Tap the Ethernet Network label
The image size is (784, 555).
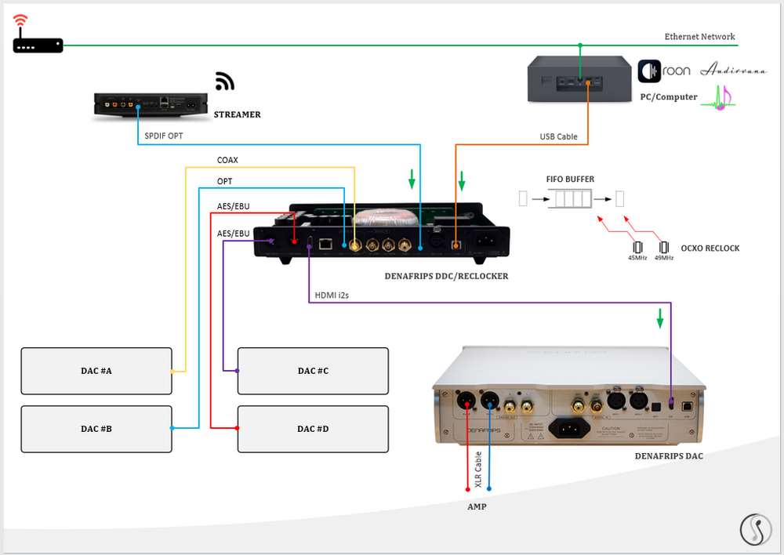[699, 37]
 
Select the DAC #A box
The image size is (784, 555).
[96, 371]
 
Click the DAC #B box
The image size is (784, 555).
[96, 429]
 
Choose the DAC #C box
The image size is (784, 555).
[313, 371]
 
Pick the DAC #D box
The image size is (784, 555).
[313, 429]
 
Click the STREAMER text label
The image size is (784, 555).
[237, 114]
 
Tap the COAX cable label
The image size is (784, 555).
[227, 161]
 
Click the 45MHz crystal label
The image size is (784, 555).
[637, 258]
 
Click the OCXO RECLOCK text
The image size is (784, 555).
[710, 248]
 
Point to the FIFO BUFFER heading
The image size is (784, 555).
[570, 179]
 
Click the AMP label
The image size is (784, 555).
[477, 506]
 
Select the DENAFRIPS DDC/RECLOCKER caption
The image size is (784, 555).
[446, 276]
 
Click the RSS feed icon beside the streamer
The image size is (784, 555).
[225, 82]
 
